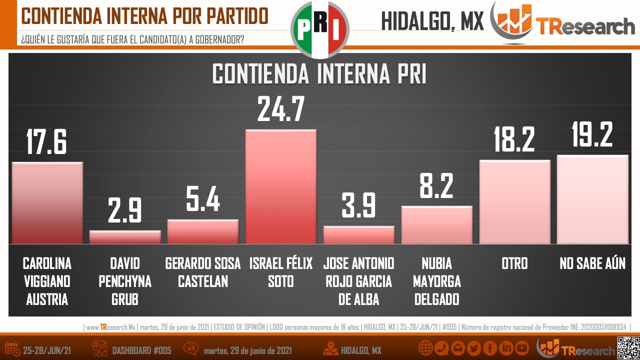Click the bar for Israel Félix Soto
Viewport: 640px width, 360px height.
tap(280, 187)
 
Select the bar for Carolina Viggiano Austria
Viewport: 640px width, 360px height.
tap(47, 203)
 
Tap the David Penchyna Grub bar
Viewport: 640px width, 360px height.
tap(125, 237)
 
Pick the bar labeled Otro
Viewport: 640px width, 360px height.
tap(514, 202)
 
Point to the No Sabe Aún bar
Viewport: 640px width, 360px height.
tap(592, 199)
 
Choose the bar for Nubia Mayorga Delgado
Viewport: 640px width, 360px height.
tap(436, 225)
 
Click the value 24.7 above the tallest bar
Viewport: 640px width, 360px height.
tap(280, 110)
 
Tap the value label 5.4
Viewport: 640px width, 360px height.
tap(203, 200)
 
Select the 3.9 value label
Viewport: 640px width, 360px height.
tap(358, 206)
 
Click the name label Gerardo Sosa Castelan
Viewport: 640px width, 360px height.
tap(203, 272)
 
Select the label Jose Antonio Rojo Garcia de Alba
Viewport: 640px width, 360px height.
tap(358, 281)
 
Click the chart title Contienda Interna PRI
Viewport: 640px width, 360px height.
tap(319, 74)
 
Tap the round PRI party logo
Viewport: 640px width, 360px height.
tap(319, 29)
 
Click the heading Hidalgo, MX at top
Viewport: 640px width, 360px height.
tap(432, 21)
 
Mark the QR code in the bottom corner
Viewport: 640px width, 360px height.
tap(628, 348)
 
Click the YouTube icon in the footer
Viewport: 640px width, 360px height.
tap(522, 348)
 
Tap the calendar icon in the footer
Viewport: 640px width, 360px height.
tap(12, 349)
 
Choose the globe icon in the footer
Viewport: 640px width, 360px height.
tap(425, 348)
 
